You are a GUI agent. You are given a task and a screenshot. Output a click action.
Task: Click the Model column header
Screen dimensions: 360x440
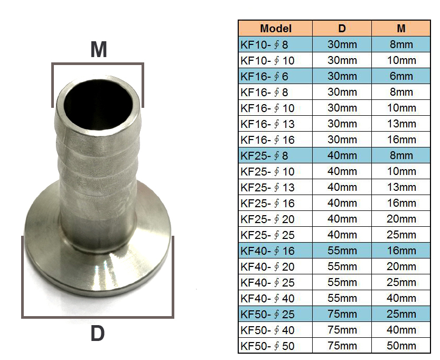275,29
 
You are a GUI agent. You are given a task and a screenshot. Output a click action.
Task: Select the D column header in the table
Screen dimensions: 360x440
342,29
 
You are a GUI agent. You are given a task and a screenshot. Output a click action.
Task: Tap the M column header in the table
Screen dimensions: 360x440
401,29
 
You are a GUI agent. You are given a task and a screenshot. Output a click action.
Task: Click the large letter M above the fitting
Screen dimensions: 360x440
98,49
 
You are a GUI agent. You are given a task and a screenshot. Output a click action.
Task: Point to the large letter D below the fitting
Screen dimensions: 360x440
97,334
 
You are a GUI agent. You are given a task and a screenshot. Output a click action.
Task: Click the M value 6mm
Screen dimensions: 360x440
401,76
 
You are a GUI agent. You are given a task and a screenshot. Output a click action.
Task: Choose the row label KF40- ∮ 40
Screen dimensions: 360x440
267,298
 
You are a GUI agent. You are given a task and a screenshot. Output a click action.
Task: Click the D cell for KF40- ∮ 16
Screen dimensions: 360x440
342,251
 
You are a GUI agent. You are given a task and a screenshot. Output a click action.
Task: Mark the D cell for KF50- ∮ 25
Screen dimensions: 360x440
342,315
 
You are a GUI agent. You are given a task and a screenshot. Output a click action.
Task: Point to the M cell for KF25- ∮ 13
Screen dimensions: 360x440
401,188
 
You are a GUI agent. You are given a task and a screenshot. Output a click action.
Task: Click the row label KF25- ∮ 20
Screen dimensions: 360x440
267,219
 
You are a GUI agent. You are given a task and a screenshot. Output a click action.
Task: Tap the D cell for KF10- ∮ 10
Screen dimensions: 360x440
342,60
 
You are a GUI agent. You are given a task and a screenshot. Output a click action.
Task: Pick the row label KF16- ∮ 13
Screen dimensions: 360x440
267,124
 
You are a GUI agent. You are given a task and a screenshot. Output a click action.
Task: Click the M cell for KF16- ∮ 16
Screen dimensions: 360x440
401,140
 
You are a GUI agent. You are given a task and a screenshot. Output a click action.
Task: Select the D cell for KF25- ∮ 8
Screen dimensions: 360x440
342,155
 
